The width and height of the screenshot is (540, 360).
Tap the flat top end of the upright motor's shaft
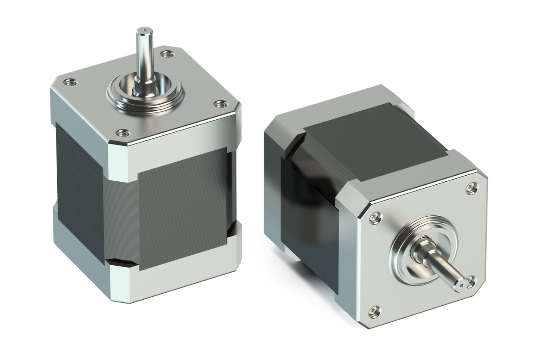145,31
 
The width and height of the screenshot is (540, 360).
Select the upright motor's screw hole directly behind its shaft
167,54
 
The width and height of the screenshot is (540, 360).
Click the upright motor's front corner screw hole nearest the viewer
123,133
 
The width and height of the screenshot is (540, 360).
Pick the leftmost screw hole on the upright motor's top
70,82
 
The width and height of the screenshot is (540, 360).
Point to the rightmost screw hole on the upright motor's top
220,104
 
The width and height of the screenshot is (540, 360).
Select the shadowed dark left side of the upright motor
80,189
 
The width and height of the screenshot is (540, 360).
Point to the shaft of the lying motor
444,267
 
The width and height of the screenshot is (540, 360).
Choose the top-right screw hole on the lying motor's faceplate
472,188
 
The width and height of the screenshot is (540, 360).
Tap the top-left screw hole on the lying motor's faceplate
376,217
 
